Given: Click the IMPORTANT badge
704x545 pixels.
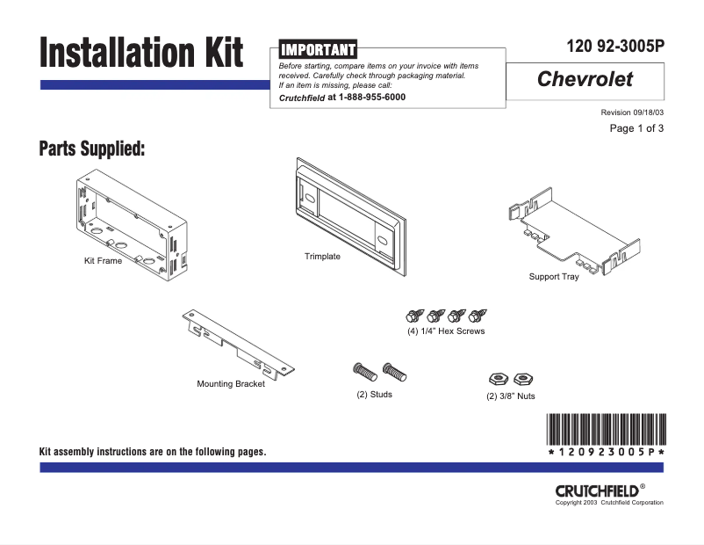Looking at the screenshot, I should (318, 49).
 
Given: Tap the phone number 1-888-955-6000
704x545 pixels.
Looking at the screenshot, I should (371, 98).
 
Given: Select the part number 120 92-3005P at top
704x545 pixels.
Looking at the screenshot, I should (616, 48).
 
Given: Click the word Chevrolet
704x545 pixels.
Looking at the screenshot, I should (585, 80).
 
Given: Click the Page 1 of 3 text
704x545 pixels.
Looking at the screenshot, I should (636, 129).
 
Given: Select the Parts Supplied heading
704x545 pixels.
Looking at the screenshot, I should (91, 149).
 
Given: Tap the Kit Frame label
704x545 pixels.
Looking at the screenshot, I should (103, 261).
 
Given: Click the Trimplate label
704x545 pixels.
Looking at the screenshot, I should (322, 257).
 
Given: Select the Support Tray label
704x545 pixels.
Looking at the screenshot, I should (554, 277).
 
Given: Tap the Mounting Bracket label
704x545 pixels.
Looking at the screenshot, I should (231, 384).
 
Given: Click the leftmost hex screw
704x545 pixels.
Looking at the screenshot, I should (413, 316).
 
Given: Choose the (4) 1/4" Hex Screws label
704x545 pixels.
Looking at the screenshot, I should (446, 331).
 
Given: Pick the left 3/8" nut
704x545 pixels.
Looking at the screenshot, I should (498, 379).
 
